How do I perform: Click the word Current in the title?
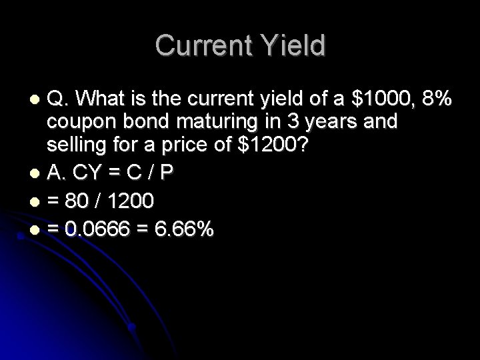(201, 46)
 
